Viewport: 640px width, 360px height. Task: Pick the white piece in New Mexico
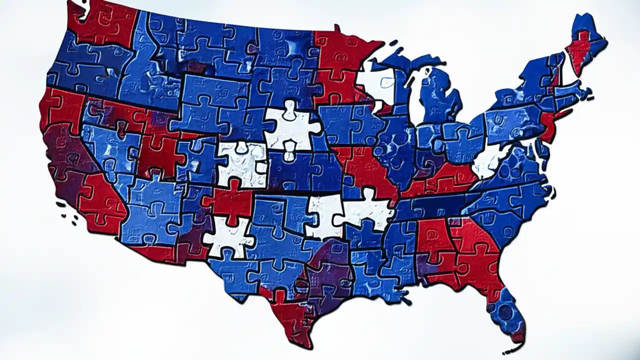(x=227, y=235)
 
